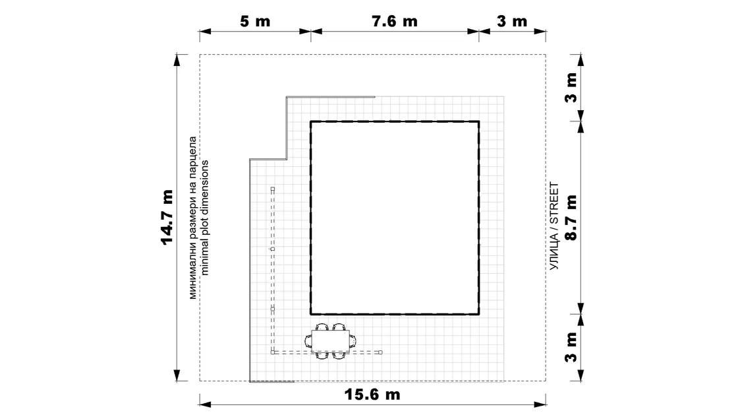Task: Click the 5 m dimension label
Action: click(x=255, y=21)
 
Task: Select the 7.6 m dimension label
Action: click(x=395, y=21)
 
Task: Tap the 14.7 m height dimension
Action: click(x=167, y=218)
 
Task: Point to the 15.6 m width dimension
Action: click(x=372, y=394)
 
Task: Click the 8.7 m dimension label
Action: click(x=571, y=218)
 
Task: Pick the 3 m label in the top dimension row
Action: click(x=512, y=21)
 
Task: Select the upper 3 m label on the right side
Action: click(x=571, y=88)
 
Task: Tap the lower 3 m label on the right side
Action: click(x=571, y=347)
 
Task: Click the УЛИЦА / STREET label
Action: click(x=554, y=226)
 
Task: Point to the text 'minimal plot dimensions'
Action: click(x=204, y=218)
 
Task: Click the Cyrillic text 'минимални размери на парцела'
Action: click(x=193, y=218)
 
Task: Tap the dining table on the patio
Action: click(x=330, y=340)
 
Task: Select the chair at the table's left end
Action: click(x=308, y=340)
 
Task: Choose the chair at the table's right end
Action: click(x=353, y=340)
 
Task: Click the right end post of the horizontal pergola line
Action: click(x=380, y=352)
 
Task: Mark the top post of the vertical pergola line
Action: click(x=273, y=189)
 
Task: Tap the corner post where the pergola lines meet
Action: click(x=273, y=352)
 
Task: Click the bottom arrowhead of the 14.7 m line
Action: click(x=177, y=375)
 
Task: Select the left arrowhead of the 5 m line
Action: click(x=205, y=32)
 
